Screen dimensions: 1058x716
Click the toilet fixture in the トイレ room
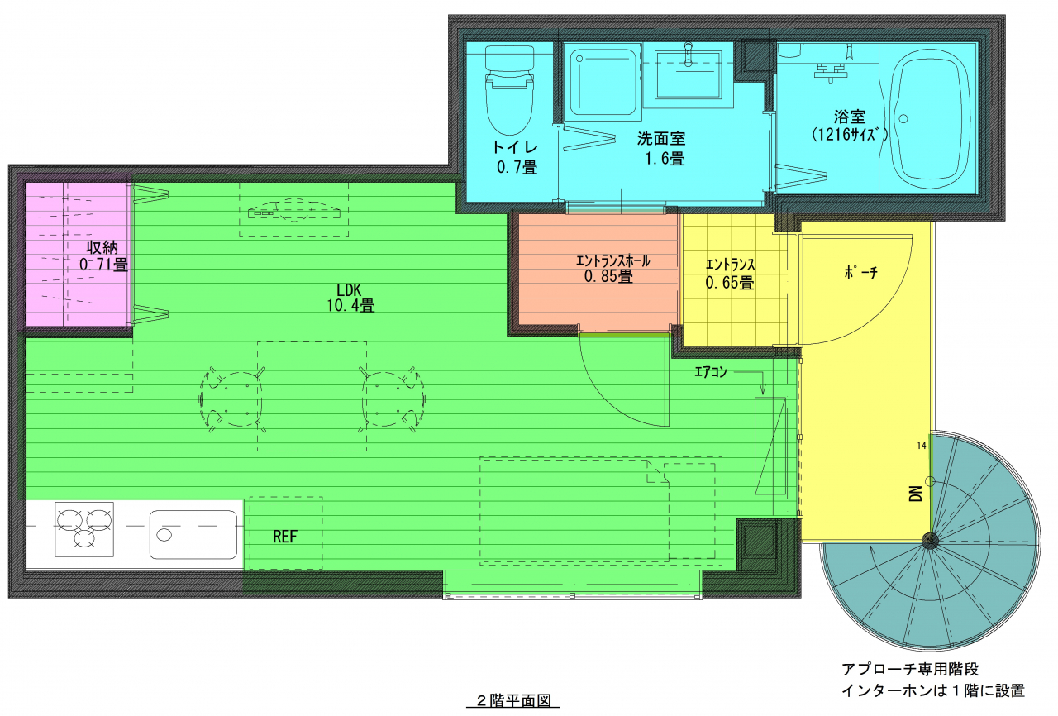point(510,90)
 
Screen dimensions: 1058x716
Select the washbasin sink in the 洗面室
point(689,74)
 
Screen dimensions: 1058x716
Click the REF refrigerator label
point(285,536)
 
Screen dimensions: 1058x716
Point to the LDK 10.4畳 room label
point(350,298)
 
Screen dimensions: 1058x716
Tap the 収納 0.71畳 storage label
point(103,256)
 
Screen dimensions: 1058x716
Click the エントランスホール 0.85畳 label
point(612,268)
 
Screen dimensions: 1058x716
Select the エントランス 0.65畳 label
point(730,274)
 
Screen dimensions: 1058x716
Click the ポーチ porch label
point(860,273)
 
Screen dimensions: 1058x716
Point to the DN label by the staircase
point(915,494)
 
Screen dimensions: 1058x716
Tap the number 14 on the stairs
point(922,446)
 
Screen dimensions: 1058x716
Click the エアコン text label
point(710,372)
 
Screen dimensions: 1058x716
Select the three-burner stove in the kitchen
point(84,529)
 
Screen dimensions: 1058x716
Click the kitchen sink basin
point(193,534)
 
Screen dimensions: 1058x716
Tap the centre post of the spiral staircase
point(930,540)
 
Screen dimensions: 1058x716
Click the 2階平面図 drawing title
point(513,700)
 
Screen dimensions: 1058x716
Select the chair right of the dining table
point(392,399)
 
